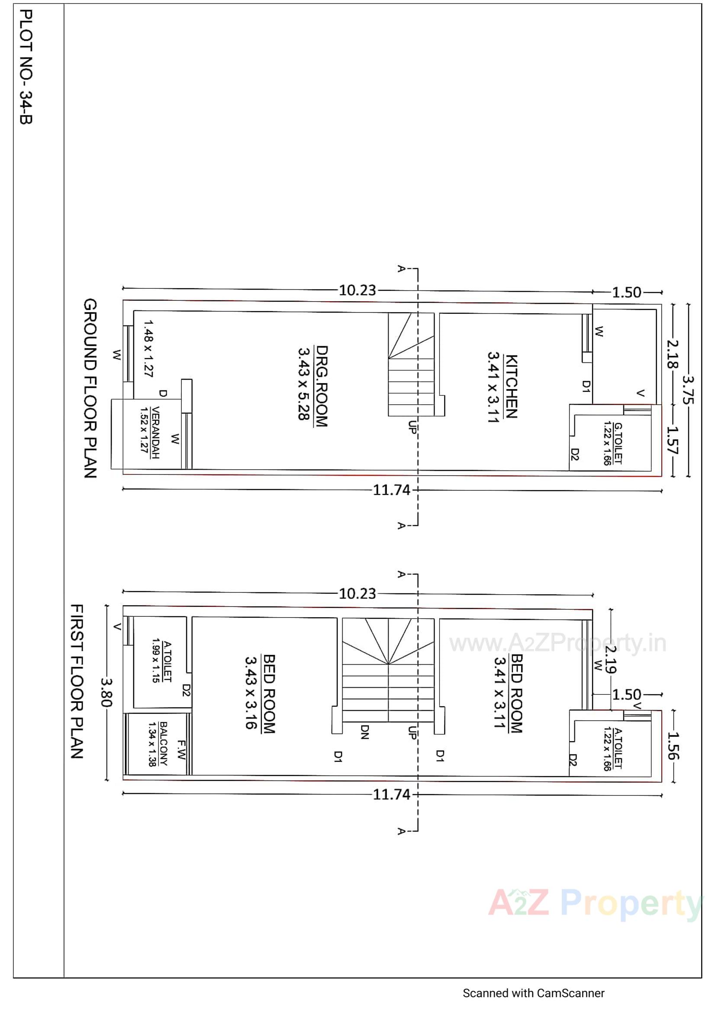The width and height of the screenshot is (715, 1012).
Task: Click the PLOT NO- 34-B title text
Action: [x=26, y=67]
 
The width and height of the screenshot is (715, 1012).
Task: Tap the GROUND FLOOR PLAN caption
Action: [x=90, y=389]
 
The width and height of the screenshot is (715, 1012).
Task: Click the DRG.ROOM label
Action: [x=322, y=386]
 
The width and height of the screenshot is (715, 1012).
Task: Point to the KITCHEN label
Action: [x=511, y=386]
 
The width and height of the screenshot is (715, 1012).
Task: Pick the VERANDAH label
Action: [x=156, y=432]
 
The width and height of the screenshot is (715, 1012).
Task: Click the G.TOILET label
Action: [x=618, y=443]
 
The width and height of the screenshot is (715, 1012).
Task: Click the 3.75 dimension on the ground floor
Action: [x=688, y=390]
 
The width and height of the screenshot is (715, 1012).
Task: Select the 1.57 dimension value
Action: [x=673, y=440]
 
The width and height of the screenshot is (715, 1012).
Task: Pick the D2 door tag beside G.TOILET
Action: [x=574, y=454]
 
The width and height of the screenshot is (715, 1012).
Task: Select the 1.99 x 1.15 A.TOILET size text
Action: [x=156, y=660]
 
